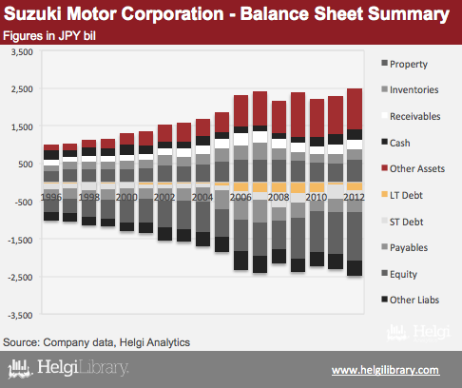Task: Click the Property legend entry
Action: pyautogui.click(x=405, y=64)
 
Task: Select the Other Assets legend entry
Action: pyautogui.click(x=414, y=168)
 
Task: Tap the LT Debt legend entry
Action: pyautogui.click(x=402, y=195)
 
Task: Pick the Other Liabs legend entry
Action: pyautogui.click(x=411, y=300)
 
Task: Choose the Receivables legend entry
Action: pyautogui.click(x=411, y=116)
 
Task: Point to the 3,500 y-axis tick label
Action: pyautogui.click(x=22, y=51)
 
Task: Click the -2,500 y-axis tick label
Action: pyautogui.click(x=20, y=278)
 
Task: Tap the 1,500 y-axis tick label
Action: pyautogui.click(x=22, y=126)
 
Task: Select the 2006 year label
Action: pyautogui.click(x=241, y=197)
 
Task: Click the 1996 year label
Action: pyautogui.click(x=51, y=197)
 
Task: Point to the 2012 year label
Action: pyautogui.click(x=354, y=197)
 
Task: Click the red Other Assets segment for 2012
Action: pyautogui.click(x=355, y=109)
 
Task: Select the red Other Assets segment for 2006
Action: pyautogui.click(x=241, y=111)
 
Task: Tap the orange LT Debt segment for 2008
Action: pyautogui.click(x=279, y=187)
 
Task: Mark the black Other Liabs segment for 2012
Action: pyautogui.click(x=355, y=268)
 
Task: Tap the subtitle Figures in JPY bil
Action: pyautogui.click(x=49, y=36)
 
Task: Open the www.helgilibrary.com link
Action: pyautogui.click(x=386, y=370)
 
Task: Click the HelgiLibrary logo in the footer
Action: pyautogui.click(x=68, y=368)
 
